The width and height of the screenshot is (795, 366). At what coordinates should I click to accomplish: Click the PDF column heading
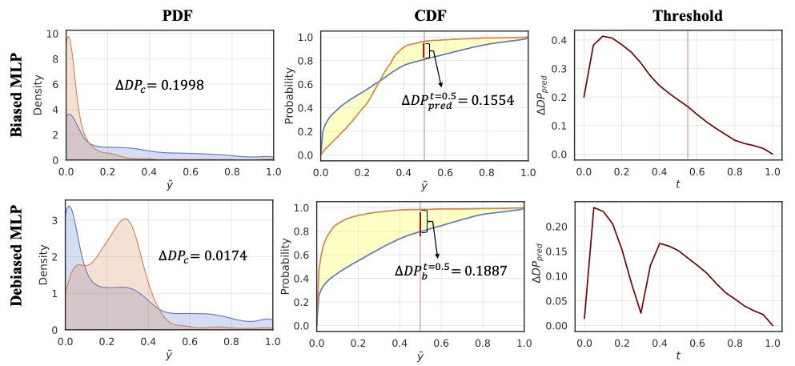point(169,16)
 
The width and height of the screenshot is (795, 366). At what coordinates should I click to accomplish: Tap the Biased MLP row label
point(17,97)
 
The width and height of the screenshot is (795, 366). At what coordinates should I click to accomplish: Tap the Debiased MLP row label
point(17,264)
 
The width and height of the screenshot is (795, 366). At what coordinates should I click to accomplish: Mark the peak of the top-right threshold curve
point(603,36)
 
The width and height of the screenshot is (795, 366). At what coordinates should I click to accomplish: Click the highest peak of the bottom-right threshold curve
point(593,208)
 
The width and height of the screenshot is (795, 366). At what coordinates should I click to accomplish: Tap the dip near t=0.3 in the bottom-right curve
point(640,312)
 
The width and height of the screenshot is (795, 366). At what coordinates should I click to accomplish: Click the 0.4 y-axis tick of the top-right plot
point(565,39)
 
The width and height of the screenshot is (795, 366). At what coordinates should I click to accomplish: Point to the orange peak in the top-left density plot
point(69,38)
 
